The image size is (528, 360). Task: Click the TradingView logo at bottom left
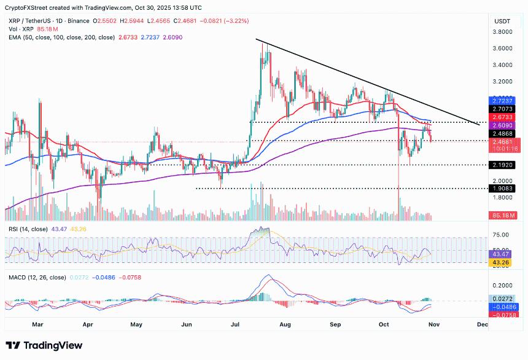coord(44,345)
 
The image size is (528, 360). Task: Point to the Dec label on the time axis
coord(482,324)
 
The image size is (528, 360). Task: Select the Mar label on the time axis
coord(38,324)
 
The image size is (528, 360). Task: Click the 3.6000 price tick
coord(503,48)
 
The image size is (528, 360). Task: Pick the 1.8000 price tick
coord(503,198)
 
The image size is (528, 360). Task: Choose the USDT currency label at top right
coord(503,21)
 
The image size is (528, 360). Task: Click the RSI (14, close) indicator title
coord(28,229)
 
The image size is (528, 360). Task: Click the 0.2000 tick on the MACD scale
coord(503,286)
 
